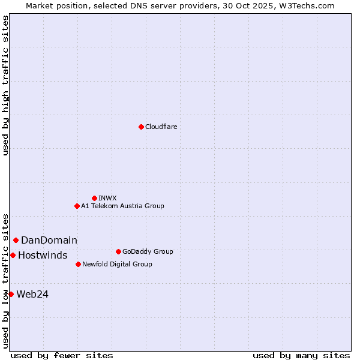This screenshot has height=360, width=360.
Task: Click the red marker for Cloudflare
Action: point(141,127)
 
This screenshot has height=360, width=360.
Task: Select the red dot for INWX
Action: point(94,198)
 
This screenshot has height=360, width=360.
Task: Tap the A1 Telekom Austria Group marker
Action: point(77,206)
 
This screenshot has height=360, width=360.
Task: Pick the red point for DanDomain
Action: point(16,240)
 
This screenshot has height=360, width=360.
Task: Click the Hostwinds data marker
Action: point(13,255)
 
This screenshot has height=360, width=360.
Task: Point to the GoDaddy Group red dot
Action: point(118,251)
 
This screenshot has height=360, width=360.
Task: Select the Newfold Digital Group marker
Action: point(78,264)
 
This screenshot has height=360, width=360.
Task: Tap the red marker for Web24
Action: point(11,294)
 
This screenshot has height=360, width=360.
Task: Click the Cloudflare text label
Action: point(161,127)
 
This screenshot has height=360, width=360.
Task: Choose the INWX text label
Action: point(107,198)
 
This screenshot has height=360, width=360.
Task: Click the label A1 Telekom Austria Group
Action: point(122,206)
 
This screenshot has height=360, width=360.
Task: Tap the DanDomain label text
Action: point(49,241)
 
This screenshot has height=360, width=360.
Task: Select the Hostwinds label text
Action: point(43,256)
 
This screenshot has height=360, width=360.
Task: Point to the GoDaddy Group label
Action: point(147,251)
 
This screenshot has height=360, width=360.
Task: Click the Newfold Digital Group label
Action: point(117,264)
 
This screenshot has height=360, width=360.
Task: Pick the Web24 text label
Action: point(32,294)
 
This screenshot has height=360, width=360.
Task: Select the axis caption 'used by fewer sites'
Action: point(62,355)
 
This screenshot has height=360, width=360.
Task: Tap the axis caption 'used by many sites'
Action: point(301,355)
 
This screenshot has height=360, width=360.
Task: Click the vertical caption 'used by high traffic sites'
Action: point(6,85)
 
